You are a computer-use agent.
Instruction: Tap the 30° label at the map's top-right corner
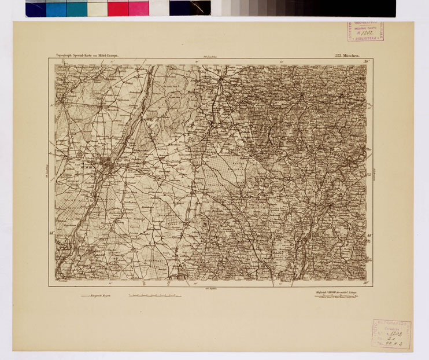coord(365,61)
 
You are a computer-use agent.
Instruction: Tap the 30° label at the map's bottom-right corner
coord(366,283)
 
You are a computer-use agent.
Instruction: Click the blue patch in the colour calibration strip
coord(36,8)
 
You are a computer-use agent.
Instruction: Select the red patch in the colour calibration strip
coord(118,8)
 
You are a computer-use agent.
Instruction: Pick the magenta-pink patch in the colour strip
coord(138,8)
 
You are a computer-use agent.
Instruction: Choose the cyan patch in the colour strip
coord(57,8)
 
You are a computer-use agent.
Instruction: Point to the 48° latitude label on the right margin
coord(369,235)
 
